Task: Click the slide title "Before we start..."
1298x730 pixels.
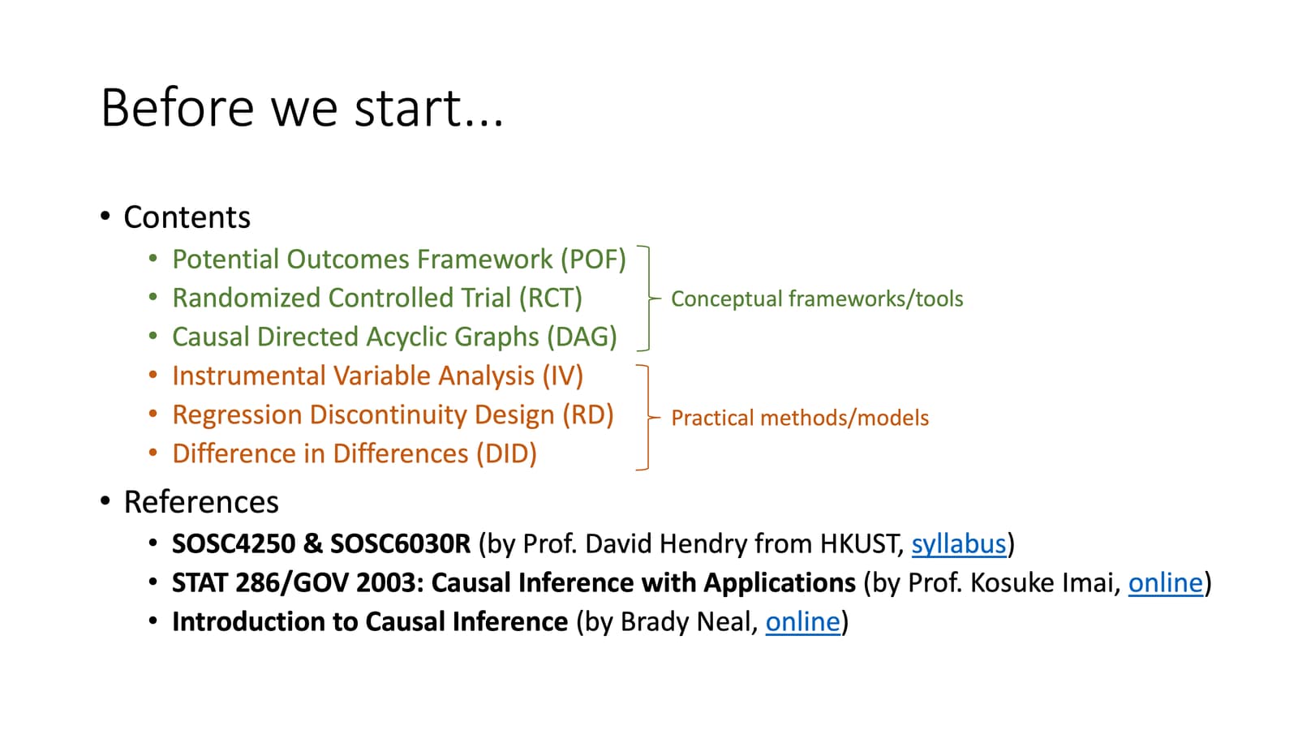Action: (x=302, y=108)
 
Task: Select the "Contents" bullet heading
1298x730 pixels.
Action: (x=187, y=217)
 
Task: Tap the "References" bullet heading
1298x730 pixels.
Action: (x=200, y=502)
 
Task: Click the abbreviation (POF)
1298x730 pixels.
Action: (x=593, y=260)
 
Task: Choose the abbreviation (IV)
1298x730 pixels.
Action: (x=562, y=376)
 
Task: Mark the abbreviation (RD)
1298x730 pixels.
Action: (x=588, y=415)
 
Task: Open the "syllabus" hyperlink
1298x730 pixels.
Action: (x=958, y=543)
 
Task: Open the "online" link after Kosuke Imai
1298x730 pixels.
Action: (x=1165, y=582)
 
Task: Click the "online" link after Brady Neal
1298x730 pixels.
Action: (x=802, y=621)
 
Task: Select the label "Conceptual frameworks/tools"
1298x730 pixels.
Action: (x=817, y=299)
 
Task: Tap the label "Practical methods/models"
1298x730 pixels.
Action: (x=800, y=419)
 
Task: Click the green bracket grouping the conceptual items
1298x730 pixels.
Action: (x=647, y=298)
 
